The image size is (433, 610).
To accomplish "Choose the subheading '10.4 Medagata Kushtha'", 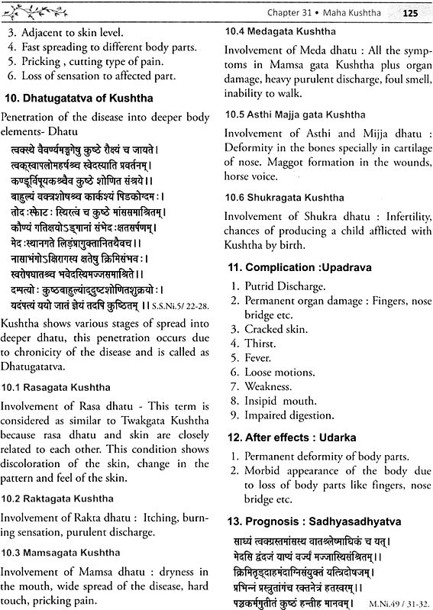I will (280, 33).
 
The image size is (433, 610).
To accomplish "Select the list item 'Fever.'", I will (260, 357).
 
